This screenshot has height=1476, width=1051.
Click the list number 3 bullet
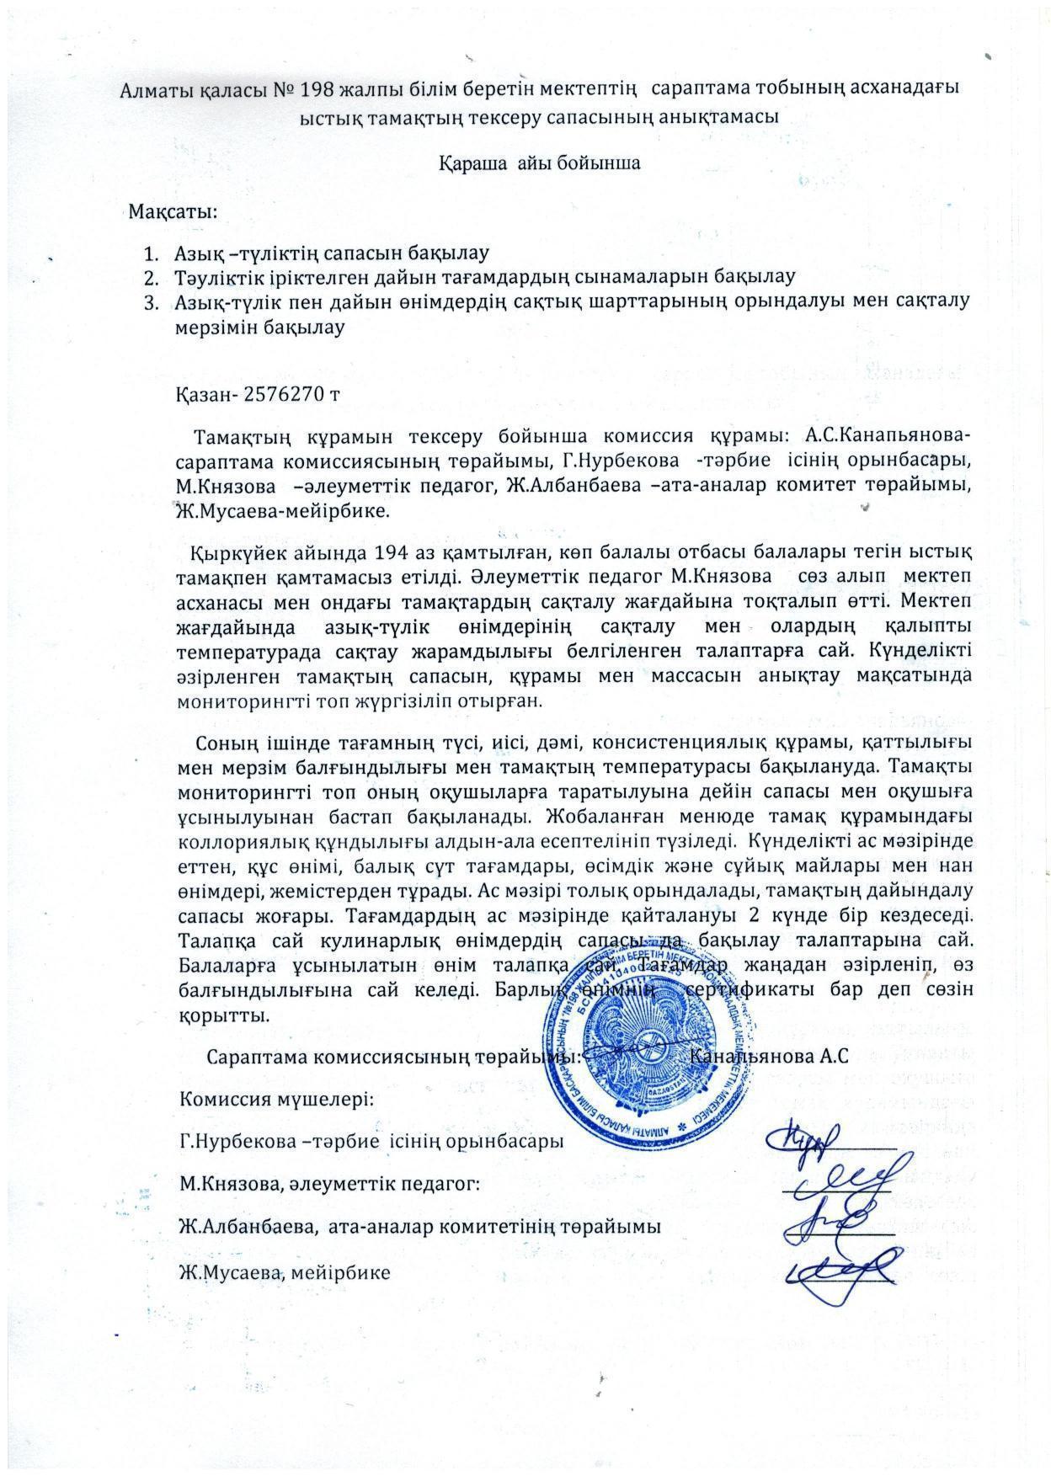point(151,301)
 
